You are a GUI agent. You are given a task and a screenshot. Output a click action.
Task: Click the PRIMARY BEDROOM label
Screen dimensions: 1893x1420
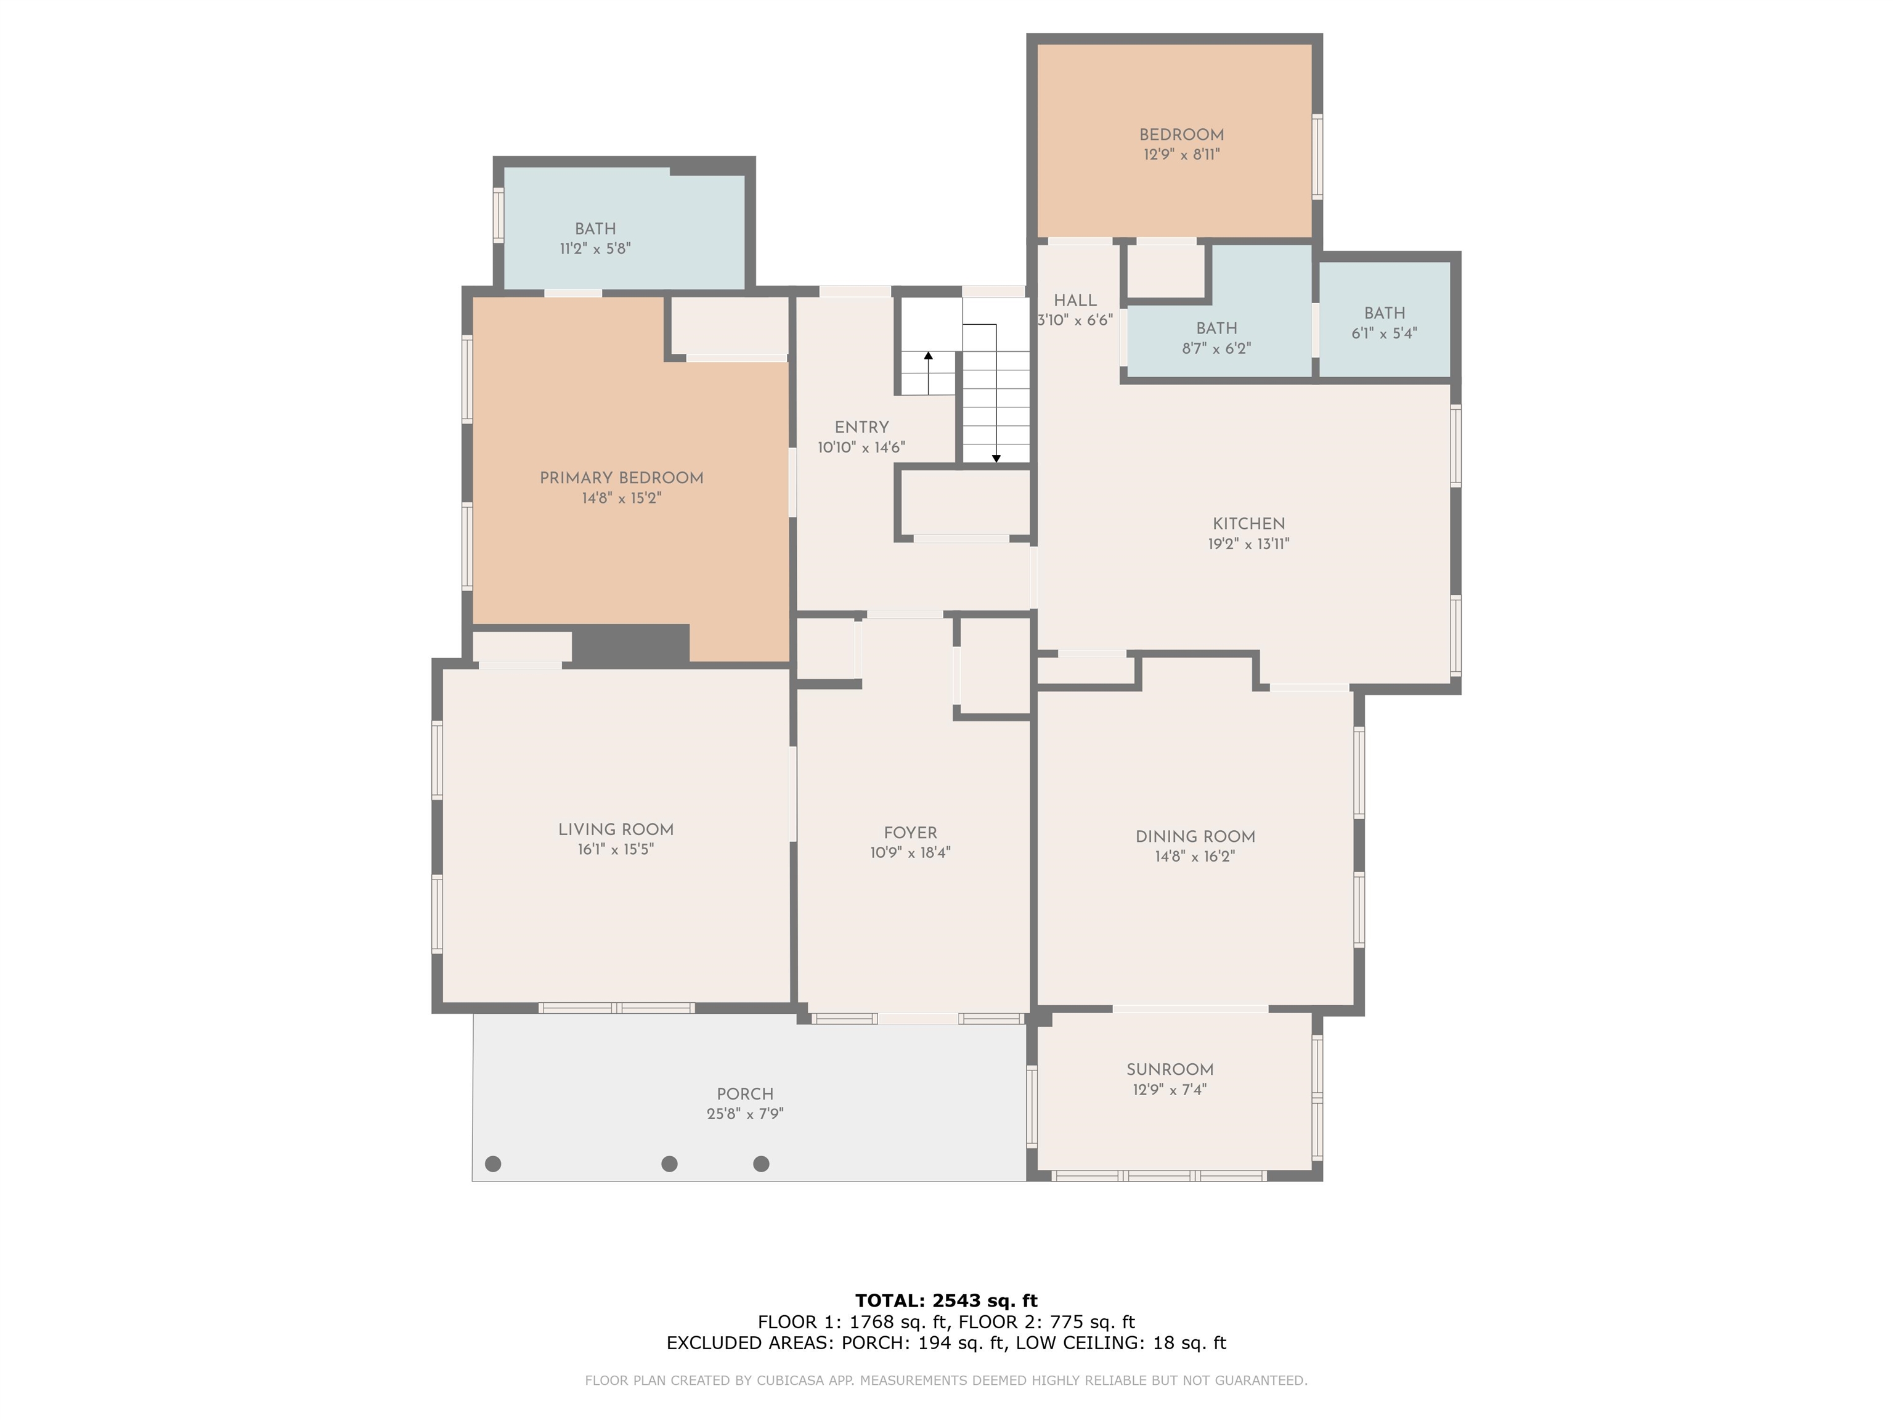point(621,478)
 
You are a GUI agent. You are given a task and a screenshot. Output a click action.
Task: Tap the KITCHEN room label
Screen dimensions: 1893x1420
point(1248,524)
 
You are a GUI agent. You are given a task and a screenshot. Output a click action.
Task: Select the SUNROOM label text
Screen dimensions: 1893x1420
point(1170,1070)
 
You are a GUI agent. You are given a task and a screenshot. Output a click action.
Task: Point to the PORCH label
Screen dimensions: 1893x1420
point(746,1094)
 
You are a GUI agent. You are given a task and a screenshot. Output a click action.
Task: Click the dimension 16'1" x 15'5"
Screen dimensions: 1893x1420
point(616,850)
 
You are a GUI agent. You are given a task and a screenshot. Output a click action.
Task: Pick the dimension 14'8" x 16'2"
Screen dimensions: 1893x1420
point(1195,857)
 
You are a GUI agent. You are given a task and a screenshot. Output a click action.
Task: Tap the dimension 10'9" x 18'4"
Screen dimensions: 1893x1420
point(911,852)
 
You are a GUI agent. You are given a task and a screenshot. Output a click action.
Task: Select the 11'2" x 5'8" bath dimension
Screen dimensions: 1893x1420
point(596,249)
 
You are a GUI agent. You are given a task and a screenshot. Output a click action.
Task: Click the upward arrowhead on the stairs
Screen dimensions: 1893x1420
point(929,355)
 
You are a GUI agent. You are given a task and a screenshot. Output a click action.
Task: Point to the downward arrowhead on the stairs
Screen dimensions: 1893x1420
point(996,459)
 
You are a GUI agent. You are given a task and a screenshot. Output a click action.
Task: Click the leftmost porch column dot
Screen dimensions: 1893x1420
point(493,1164)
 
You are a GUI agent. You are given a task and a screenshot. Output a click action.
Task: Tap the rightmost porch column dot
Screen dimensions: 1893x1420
point(761,1164)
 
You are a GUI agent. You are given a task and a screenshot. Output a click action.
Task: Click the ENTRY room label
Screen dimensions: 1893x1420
point(862,427)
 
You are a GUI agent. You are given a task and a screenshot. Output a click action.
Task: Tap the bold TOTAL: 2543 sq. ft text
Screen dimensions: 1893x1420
point(946,1302)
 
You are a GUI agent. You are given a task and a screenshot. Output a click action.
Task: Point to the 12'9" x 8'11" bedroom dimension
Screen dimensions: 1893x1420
point(1182,155)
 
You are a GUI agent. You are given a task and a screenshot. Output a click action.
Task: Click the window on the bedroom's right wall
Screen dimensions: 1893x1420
point(1318,157)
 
